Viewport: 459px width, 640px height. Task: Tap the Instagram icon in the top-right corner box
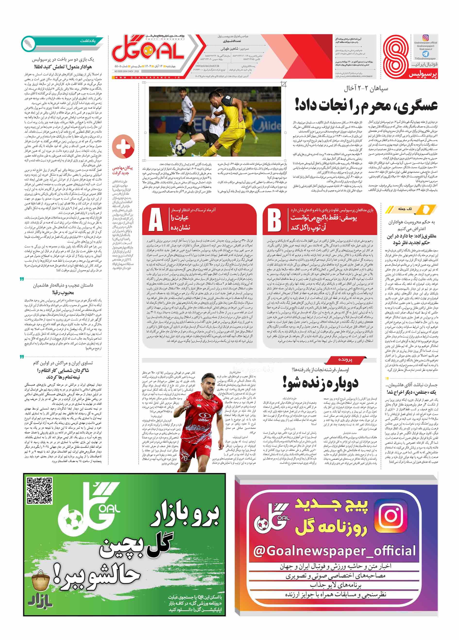[425, 38]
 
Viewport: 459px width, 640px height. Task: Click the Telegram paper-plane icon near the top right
[425, 54]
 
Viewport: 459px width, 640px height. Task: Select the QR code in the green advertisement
[39, 490]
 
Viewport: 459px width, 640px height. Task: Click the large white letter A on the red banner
[155, 220]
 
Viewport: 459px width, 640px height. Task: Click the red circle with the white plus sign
[123, 147]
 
